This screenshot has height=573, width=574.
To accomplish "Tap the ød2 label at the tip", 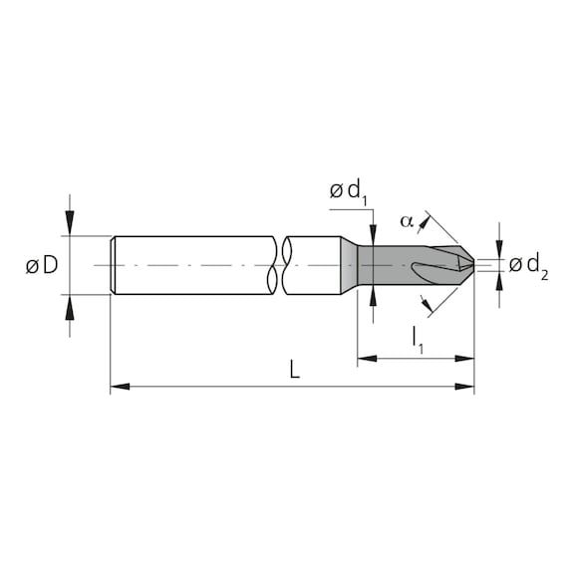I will [529, 265].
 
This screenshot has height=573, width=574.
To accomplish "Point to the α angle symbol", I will [406, 221].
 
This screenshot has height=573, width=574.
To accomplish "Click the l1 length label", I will [416, 341].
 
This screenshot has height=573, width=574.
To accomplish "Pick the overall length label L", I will [294, 370].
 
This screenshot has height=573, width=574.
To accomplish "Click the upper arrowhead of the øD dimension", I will [69, 227].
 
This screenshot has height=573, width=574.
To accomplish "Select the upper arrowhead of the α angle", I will [430, 216].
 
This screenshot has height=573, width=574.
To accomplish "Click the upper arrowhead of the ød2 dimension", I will [498, 251].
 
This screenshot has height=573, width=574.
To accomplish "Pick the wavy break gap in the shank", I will [278, 265].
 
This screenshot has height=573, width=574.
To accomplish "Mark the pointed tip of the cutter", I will [472, 265].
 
